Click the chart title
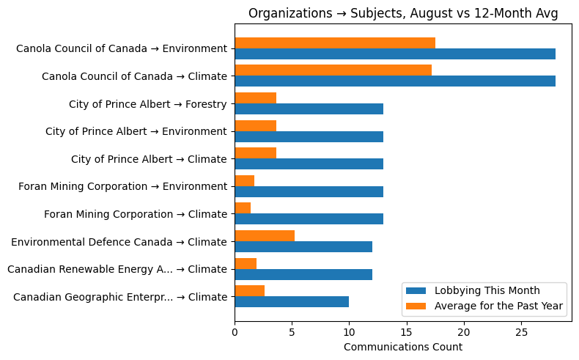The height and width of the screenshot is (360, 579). coord(403,13)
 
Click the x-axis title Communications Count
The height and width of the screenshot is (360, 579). coord(403,347)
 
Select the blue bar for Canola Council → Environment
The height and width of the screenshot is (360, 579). coord(395,54)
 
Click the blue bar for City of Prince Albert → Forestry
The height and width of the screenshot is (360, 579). coord(309,109)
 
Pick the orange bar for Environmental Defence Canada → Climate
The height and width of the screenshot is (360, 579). coord(265,235)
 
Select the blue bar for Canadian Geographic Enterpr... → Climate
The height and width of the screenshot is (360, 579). coord(292,301)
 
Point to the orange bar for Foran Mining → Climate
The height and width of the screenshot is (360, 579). coord(243,208)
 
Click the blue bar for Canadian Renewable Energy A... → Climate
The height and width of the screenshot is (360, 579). coord(303,274)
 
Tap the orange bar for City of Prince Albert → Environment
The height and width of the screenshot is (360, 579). coord(255,125)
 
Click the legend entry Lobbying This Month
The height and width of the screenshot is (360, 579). coord(477,290)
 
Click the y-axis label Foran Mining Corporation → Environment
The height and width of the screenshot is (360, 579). coord(122,186)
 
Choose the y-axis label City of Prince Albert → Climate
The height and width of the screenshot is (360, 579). coord(149,159)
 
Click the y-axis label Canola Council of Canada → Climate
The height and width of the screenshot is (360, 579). coord(134,76)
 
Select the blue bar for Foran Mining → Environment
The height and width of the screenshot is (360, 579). coord(309,191)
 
